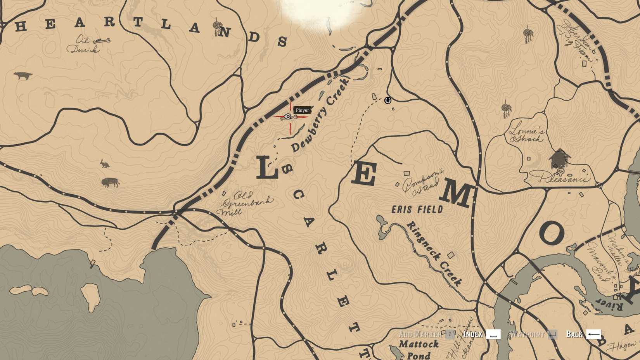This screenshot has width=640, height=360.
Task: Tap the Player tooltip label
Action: point(302,110)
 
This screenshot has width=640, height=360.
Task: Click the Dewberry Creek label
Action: point(320,115)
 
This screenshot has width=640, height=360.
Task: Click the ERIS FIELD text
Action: point(417,210)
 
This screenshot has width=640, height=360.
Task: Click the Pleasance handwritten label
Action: point(562,178)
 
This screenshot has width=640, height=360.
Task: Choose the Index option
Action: point(481,334)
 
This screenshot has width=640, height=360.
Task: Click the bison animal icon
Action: point(110,182)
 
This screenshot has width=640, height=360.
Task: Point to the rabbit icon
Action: point(104,164)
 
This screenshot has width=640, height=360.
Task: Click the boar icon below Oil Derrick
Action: point(23,75)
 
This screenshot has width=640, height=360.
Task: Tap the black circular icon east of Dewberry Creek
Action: point(387,100)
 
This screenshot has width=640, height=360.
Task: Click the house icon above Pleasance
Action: point(559,158)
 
